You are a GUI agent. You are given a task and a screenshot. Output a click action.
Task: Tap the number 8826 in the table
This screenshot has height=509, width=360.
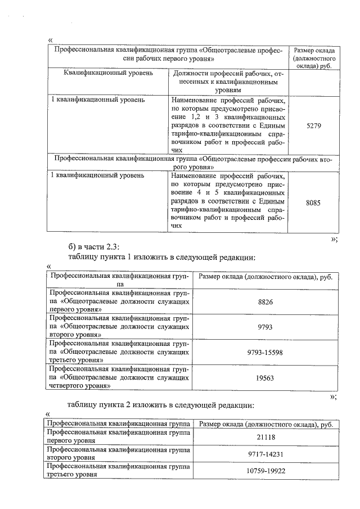pos(265,302)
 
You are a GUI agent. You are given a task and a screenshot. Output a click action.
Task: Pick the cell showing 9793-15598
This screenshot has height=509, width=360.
pos(265,353)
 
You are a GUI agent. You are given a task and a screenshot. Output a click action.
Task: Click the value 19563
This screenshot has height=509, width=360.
pos(265,378)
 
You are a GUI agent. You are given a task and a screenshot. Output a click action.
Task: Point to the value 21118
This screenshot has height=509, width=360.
pos(265,436)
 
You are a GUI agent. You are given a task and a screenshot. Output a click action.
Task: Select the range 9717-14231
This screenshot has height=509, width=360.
pos(265,453)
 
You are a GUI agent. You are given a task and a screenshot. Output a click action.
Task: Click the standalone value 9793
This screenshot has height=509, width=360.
pos(265,327)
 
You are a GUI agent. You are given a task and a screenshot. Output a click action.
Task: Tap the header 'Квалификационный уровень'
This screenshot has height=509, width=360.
pos(108,74)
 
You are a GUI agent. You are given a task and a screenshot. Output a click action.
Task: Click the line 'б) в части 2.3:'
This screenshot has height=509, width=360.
pos(93,246)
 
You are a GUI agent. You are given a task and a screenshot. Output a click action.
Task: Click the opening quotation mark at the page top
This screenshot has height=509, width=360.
pos(51,39)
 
